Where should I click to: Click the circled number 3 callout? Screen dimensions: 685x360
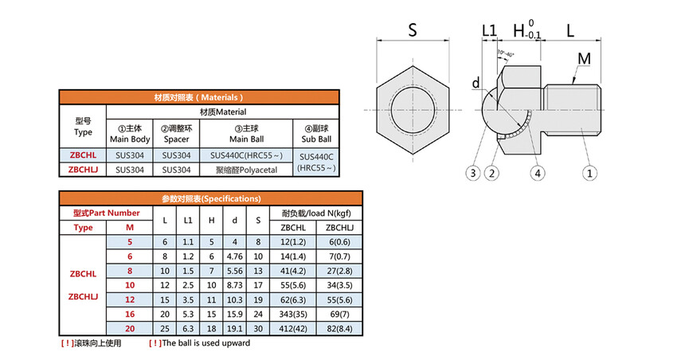pyautogui.click(x=472, y=174)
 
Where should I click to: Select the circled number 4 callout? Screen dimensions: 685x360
pyautogui.click(x=538, y=174)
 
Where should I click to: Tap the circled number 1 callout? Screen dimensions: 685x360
pyautogui.click(x=589, y=174)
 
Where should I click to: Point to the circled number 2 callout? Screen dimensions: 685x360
pyautogui.click(x=492, y=174)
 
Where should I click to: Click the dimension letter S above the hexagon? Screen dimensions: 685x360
pyautogui.click(x=413, y=30)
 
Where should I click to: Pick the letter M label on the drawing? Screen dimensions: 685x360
pyautogui.click(x=584, y=59)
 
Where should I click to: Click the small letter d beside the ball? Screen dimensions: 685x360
pyautogui.click(x=476, y=83)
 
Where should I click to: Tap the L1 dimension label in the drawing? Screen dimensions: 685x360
pyautogui.click(x=489, y=30)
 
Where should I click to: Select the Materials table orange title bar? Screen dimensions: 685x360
pyautogui.click(x=199, y=97)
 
